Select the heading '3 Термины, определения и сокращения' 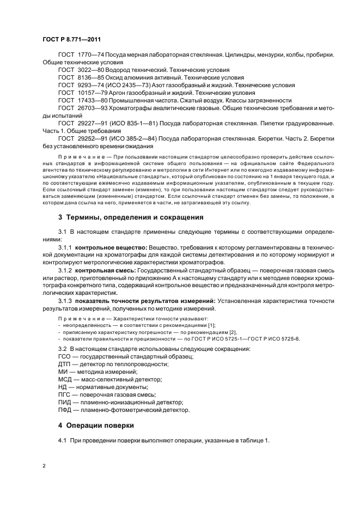[x=131, y=217]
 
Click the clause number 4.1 [x=63, y=440]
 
